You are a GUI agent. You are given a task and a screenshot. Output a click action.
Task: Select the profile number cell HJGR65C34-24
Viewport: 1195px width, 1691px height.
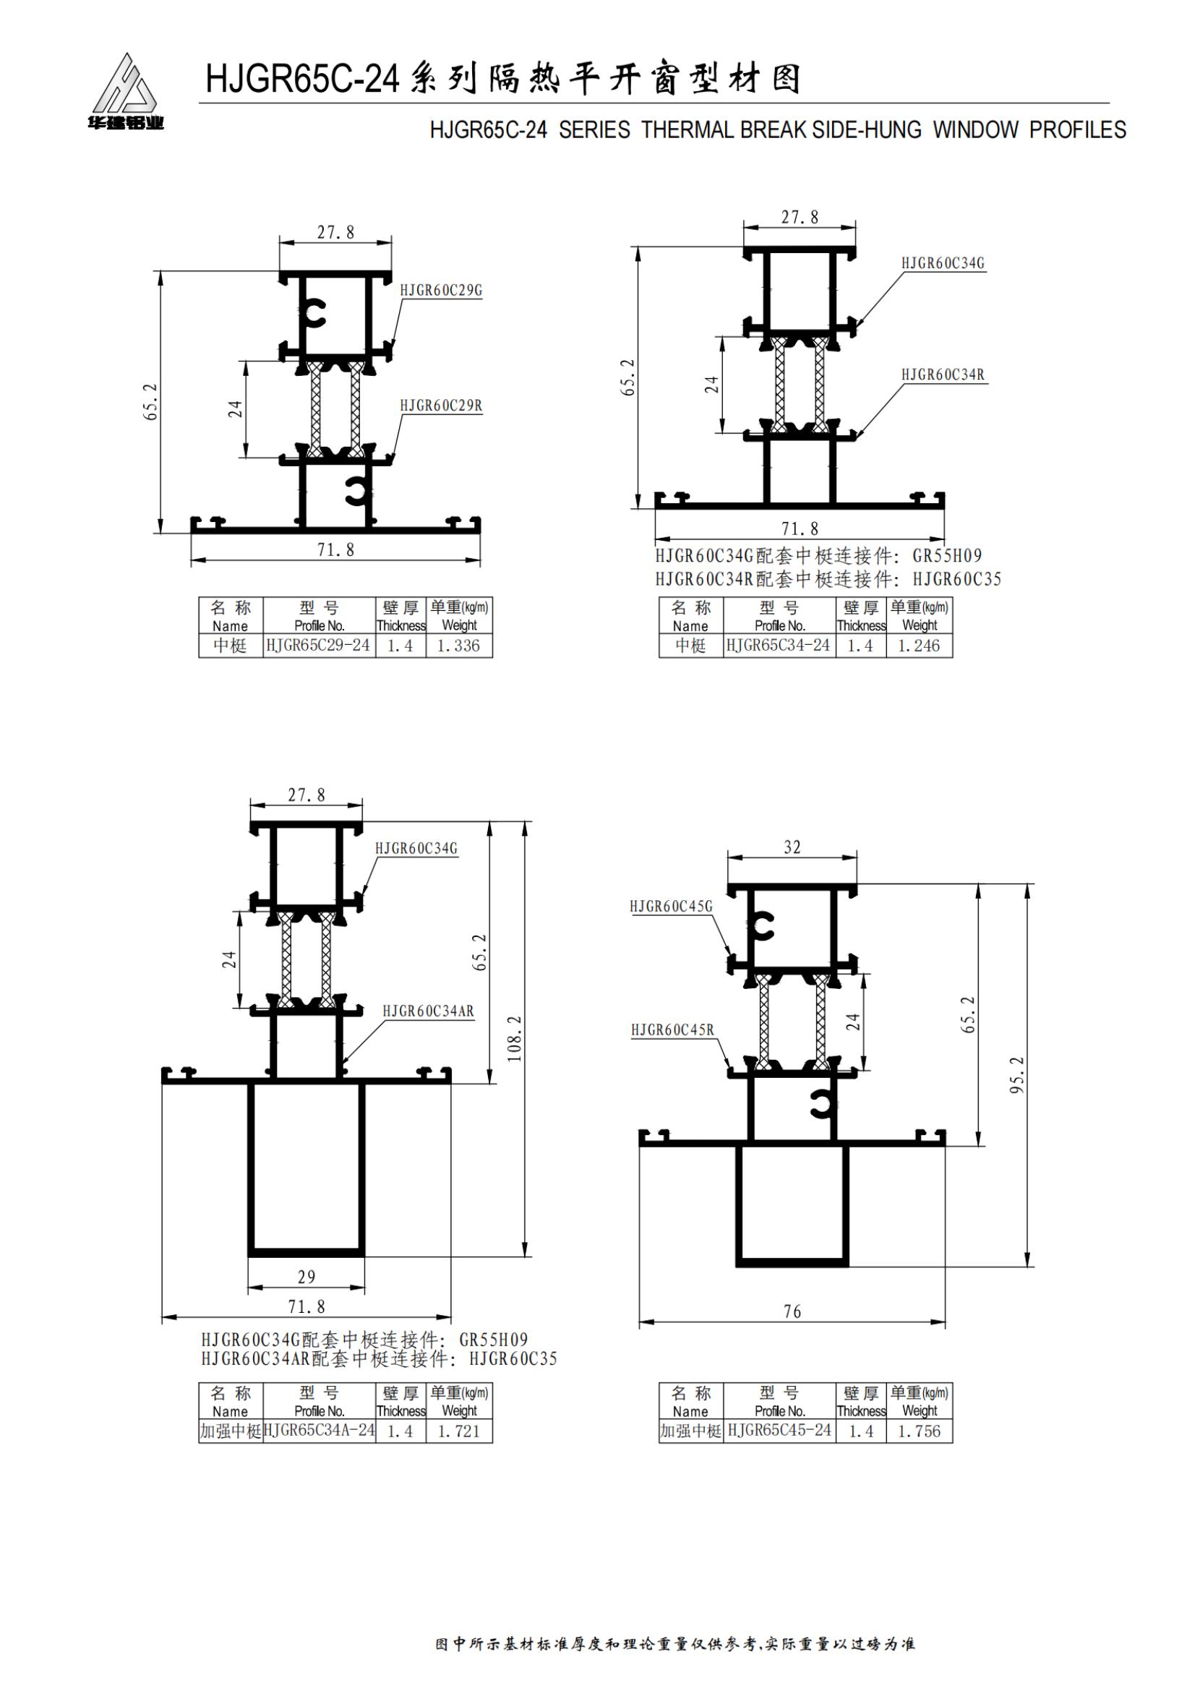point(779,645)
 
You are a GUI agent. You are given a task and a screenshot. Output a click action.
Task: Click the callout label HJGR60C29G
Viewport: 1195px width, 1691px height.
point(441,290)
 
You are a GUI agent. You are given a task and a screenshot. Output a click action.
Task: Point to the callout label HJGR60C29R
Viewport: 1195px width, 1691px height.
point(441,406)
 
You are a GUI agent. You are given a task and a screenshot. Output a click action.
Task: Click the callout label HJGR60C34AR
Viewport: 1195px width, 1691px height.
point(428,1011)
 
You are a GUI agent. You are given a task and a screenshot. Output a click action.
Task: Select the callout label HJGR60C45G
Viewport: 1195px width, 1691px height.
point(671,907)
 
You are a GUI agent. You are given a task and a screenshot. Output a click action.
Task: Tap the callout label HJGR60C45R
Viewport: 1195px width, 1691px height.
point(672,1029)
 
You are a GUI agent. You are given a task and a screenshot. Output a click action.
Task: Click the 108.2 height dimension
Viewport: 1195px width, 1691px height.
point(514,1039)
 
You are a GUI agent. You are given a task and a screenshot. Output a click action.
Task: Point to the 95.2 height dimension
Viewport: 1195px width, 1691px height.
point(1017,1074)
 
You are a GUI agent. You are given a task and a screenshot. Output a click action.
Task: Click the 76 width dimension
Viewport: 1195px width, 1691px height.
point(792,1311)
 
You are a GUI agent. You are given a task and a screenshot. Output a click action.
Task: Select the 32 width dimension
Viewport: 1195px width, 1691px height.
point(792,847)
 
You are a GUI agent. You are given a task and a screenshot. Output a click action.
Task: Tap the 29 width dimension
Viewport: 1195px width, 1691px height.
point(307,1277)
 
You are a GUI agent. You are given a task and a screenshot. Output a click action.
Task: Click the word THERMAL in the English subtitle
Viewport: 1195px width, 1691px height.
point(688,130)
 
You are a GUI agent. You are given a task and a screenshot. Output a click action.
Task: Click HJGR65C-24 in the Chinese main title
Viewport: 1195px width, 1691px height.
point(302,79)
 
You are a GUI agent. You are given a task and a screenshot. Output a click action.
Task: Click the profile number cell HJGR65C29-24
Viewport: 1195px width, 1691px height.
point(318,645)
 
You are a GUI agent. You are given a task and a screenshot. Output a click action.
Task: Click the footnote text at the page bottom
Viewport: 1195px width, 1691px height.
point(674,1644)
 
